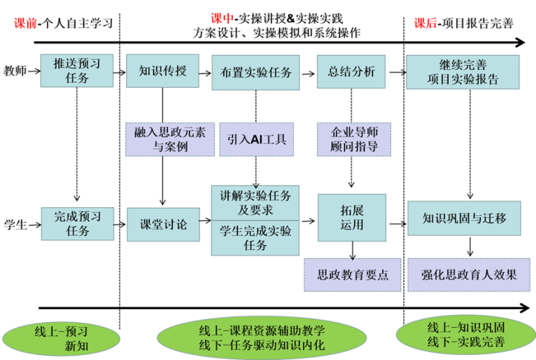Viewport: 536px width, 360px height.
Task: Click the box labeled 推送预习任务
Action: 77,71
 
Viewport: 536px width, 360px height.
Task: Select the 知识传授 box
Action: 162,71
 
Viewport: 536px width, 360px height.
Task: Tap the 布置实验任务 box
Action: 256,73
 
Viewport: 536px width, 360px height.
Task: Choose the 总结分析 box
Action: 351,71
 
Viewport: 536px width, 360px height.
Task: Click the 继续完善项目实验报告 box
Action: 463,72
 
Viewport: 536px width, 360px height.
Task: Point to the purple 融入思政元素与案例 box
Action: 170,139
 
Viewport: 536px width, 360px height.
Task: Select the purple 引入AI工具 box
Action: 257,139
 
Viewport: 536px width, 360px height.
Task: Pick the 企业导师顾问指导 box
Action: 354,139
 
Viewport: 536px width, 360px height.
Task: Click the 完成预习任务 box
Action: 78,224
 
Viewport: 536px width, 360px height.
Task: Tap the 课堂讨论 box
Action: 164,225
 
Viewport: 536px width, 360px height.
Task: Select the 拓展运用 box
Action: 352,218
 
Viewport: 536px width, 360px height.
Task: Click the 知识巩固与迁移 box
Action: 465,219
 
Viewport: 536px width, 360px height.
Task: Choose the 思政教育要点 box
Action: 352,275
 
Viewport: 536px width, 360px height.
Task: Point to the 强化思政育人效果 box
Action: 469,275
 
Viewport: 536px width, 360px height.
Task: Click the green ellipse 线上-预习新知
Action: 61,339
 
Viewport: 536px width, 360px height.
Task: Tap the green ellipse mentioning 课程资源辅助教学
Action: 262,337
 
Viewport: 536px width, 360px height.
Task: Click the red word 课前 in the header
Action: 25,24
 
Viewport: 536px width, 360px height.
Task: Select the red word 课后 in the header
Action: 426,24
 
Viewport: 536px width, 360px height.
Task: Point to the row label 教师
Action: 15,71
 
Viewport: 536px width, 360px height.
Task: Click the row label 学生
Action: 16,225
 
